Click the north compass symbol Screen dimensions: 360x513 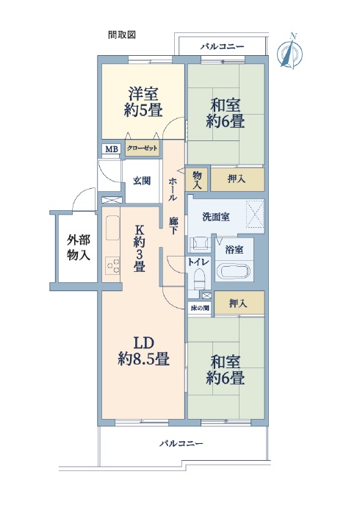pos(289,52)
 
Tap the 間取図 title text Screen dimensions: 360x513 pos(122,35)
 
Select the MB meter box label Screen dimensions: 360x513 pos(111,149)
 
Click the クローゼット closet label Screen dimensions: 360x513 pos(143,148)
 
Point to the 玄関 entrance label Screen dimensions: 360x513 pos(142,181)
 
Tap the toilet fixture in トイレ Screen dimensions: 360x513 pos(199,278)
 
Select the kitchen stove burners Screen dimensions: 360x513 pos(112,265)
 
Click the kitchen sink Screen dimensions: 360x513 pos(112,228)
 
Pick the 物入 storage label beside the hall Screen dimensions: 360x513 pos(197,179)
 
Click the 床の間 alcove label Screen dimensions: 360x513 pos(199,308)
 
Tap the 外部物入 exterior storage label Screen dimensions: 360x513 pos(79,247)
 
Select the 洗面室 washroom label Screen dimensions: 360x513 pos(216,217)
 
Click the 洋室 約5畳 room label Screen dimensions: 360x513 pos(143,101)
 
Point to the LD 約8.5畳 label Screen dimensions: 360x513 pos(143,351)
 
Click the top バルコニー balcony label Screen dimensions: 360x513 pos(222,46)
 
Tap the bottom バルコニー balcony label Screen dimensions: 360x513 pos(181,443)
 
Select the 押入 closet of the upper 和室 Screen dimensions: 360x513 pos(237,179)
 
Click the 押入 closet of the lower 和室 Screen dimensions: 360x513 pos(239,303)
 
